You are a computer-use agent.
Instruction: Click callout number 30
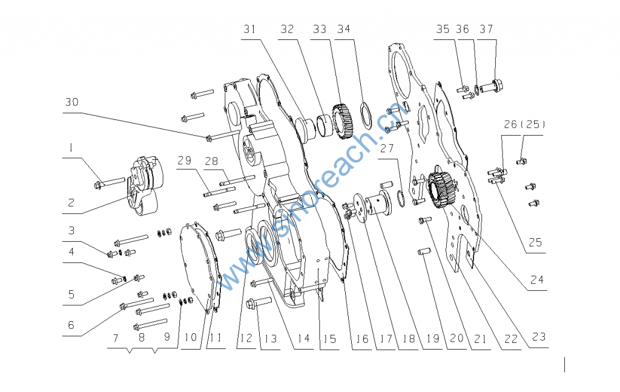[72, 103]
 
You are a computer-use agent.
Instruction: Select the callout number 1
[71, 147]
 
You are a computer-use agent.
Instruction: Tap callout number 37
[486, 29]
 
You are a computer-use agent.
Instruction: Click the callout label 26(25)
[524, 125]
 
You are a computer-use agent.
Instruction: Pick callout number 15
[329, 339]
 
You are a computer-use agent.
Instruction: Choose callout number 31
[251, 29]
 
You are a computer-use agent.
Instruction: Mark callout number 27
[387, 149]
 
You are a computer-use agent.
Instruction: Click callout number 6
[71, 325]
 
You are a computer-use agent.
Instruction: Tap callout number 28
[211, 161]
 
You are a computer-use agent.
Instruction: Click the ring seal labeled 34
[366, 116]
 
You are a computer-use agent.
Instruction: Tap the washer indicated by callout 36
[478, 91]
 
